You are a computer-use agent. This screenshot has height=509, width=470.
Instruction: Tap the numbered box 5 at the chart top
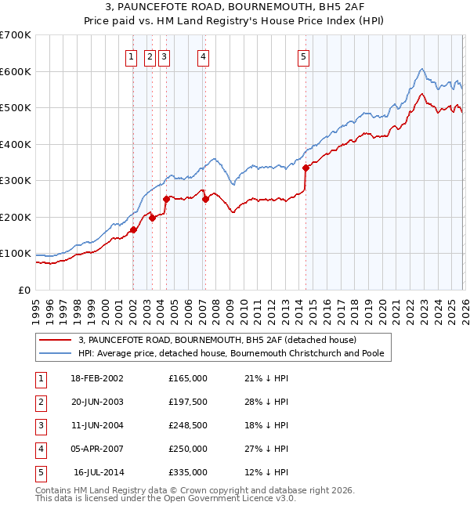coord(303,56)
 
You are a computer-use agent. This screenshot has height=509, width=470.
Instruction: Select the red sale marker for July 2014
coord(305,167)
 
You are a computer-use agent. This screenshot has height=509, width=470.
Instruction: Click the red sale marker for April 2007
coord(205,199)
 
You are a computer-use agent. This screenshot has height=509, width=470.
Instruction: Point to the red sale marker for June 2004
coord(166,199)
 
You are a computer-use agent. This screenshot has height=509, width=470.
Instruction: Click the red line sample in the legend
coord(56,340)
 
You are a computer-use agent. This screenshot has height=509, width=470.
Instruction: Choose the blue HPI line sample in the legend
coord(56,353)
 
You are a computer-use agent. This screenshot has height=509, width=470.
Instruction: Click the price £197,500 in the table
coord(187,402)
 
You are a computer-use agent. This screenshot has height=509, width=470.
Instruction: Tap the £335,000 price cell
coord(187,472)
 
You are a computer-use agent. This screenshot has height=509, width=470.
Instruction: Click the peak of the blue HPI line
coord(421,70)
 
